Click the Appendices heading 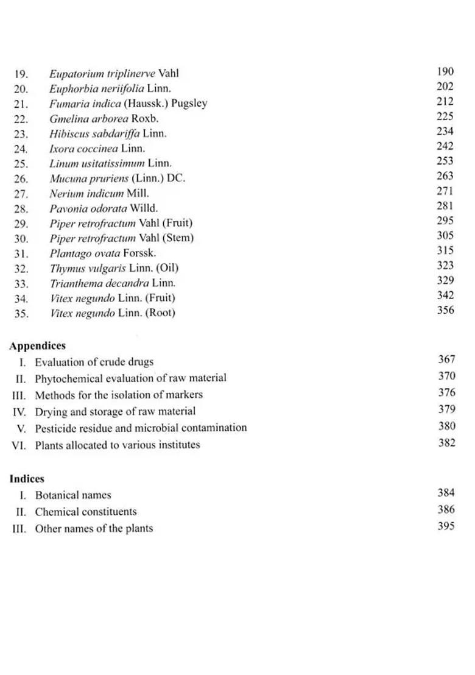tap(37, 346)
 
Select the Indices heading tap(27, 479)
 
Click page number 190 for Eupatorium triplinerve tap(445, 72)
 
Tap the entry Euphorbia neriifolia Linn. tap(110, 88)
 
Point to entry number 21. tap(21, 104)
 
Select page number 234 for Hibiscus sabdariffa tap(445, 132)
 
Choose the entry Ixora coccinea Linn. tap(97, 148)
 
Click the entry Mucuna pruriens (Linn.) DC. tap(117, 178)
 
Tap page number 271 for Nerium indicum tap(445, 191)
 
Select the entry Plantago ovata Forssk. tap(102, 253)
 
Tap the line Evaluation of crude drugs tap(94, 362)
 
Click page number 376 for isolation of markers tap(446, 393)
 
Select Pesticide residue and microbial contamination tap(141, 428)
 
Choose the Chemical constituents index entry tap(85, 512)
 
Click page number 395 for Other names tap(446, 526)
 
